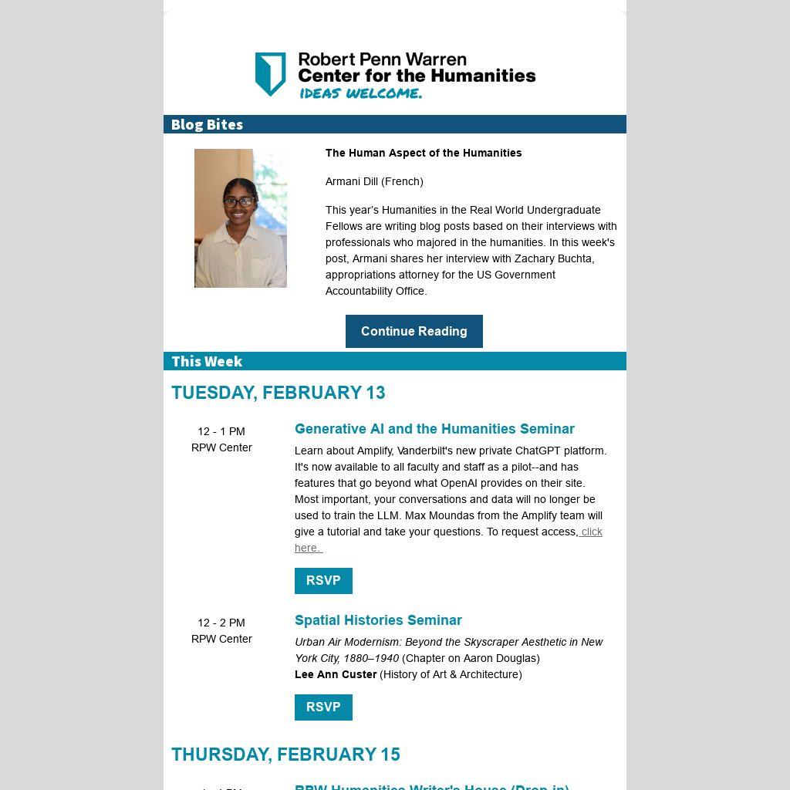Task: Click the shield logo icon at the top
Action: [x=270, y=74]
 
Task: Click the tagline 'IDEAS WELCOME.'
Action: [x=360, y=93]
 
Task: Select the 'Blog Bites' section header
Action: [x=207, y=124]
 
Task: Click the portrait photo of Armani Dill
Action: [x=240, y=218]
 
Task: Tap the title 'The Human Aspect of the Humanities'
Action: [x=424, y=153]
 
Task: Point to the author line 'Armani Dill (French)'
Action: [x=374, y=181]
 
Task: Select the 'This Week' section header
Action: [x=207, y=361]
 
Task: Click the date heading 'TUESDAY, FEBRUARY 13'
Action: [x=279, y=393]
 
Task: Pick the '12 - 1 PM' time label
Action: [x=221, y=431]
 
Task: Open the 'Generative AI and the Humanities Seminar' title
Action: [x=434, y=429]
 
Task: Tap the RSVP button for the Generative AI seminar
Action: [x=323, y=581]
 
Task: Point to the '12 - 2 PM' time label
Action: [x=221, y=623]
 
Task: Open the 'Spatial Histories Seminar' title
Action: [x=378, y=620]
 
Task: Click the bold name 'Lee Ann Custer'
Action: [x=336, y=674]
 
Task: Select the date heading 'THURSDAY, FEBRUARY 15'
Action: [x=285, y=755]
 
